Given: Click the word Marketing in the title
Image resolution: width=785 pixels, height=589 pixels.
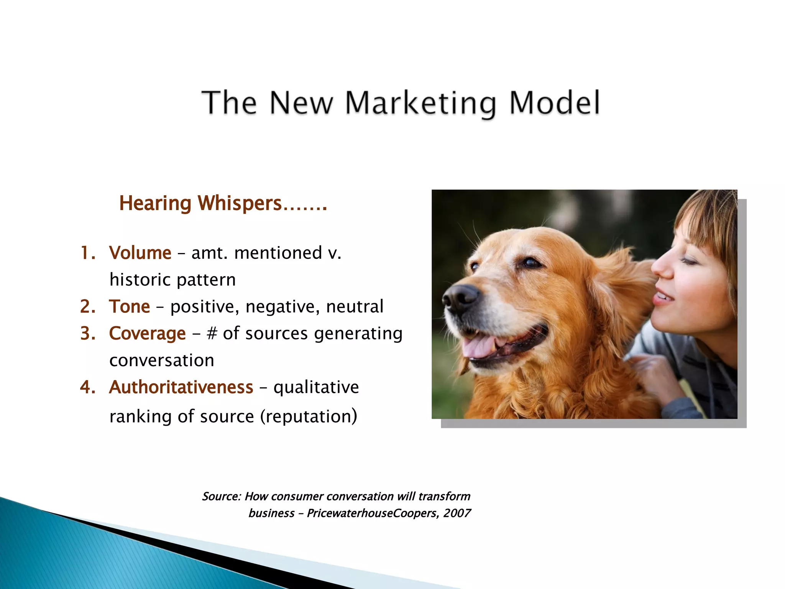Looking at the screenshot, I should point(420,103).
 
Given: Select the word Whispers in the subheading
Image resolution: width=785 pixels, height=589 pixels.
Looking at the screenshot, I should point(240,203).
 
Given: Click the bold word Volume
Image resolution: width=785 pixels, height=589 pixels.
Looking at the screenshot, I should point(140,253).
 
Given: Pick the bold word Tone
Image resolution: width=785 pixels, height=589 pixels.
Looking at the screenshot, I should point(130,307).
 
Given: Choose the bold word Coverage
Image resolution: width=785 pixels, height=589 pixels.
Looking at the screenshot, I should point(148,334).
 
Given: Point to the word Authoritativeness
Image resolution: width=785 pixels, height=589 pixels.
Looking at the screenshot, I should point(181,387).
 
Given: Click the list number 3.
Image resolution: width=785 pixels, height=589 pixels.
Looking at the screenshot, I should point(87,334).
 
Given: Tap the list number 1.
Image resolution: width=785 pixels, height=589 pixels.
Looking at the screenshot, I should point(87,253).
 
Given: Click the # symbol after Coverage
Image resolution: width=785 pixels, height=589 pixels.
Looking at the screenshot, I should point(212,333).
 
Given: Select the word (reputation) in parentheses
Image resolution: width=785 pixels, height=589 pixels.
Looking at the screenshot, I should point(309,416).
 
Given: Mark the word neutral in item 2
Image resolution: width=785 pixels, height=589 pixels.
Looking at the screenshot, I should point(355,307).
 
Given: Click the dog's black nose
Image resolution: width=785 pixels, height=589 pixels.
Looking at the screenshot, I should point(460,297).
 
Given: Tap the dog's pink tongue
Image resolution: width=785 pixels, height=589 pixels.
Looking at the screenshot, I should point(477,345).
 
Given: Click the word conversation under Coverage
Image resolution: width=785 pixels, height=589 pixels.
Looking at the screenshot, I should point(162,360).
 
